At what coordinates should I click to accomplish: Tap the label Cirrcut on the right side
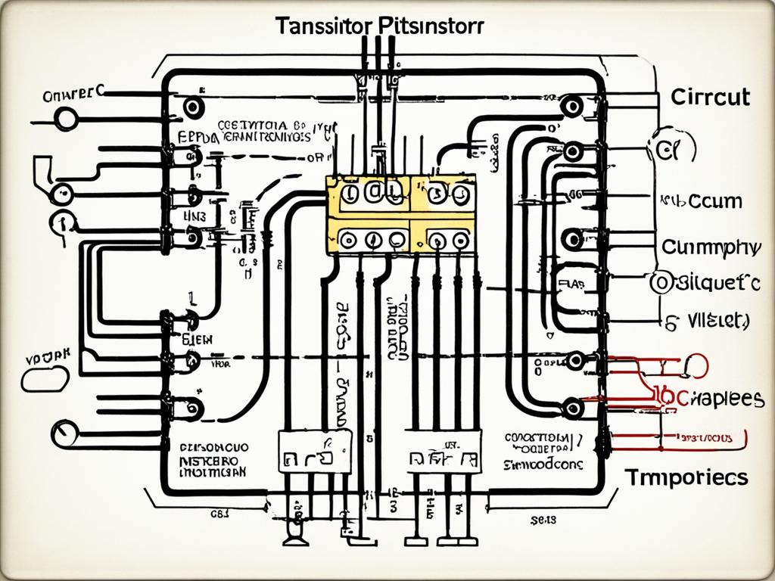709,98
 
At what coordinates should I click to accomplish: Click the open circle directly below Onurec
65,119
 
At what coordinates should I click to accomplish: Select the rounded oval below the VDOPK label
45,378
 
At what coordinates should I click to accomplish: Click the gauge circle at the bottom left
64,433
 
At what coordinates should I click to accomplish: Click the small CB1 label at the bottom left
220,514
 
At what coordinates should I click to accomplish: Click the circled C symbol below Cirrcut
671,150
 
